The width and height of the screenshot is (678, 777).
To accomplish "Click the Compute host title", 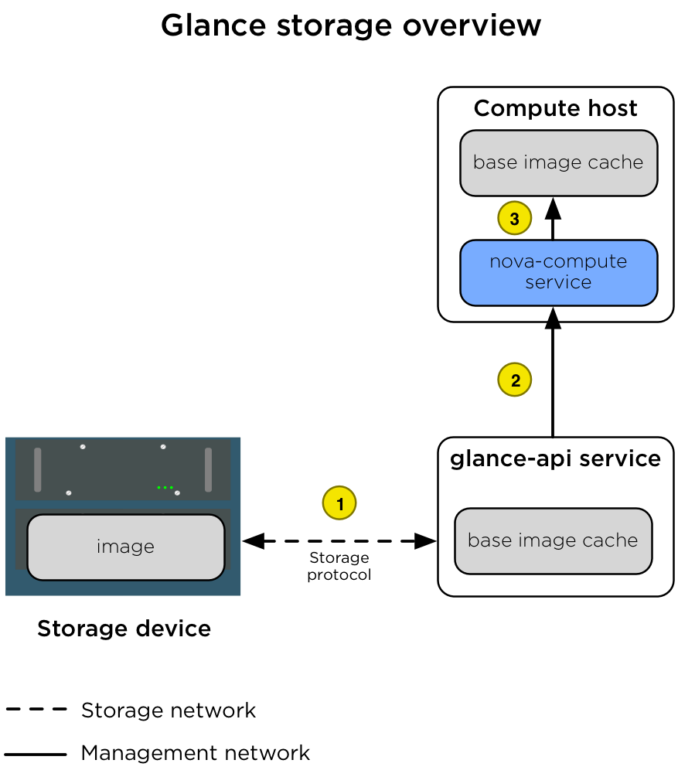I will click(x=555, y=108).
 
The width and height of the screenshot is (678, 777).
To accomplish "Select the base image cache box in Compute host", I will click(x=558, y=162).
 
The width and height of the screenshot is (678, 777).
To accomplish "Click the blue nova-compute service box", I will click(x=558, y=272).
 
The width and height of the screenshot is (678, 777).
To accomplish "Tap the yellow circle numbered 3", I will click(x=514, y=219).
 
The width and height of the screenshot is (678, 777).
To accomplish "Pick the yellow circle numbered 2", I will click(x=515, y=380).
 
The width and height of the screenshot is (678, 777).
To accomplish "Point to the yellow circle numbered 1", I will click(x=339, y=503).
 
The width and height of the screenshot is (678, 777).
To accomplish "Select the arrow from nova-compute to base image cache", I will click(x=553, y=220).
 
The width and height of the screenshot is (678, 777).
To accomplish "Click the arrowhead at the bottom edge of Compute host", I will click(x=553, y=314).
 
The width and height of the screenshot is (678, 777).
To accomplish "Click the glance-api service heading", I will click(x=555, y=458).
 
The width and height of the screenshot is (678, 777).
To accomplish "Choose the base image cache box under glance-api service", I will click(x=553, y=540).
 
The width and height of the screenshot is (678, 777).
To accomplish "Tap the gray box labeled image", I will click(x=125, y=547).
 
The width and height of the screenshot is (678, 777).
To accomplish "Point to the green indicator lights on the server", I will click(x=165, y=487).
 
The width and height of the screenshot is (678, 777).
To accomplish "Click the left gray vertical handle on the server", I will click(x=38, y=469).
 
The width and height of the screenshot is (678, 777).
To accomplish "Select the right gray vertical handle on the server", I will click(x=208, y=469).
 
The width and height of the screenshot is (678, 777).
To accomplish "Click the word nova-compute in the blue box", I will click(x=558, y=262).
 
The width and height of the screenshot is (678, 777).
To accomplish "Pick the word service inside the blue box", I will click(x=558, y=282).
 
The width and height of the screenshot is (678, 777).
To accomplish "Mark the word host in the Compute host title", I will click(x=612, y=108).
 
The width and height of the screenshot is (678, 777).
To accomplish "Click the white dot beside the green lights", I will click(x=177, y=492).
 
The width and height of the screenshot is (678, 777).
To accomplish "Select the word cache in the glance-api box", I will click(x=615, y=540).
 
